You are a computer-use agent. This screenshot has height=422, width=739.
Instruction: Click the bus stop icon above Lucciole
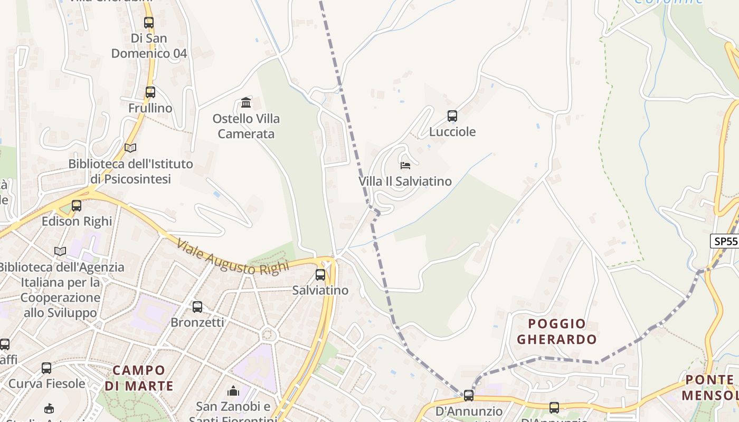click(452, 116)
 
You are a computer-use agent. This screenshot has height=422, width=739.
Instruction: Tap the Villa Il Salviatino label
click(405, 181)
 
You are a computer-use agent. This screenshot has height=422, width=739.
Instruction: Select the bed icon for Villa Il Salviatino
click(405, 166)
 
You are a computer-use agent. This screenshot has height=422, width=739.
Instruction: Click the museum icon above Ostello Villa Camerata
click(246, 102)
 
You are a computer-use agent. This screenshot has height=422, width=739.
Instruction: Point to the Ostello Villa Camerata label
click(246, 126)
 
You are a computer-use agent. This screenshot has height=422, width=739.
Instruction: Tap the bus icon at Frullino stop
click(150, 92)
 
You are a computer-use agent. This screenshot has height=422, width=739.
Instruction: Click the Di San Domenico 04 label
click(149, 46)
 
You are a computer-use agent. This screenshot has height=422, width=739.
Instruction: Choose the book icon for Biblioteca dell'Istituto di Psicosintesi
click(130, 148)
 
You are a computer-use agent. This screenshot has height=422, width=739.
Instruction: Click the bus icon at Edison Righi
click(77, 205)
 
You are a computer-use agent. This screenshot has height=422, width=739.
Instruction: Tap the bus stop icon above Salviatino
click(320, 274)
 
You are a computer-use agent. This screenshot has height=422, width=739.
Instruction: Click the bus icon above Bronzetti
click(197, 306)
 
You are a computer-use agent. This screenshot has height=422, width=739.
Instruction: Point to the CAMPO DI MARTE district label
click(139, 378)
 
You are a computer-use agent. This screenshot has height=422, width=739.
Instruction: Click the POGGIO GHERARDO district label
click(557, 331)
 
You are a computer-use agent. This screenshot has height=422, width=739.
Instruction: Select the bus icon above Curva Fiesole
click(46, 368)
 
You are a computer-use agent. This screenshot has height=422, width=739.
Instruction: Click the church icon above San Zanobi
click(233, 391)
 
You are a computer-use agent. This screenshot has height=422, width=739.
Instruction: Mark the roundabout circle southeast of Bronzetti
click(269, 334)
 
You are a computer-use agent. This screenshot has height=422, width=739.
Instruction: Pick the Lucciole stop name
click(452, 131)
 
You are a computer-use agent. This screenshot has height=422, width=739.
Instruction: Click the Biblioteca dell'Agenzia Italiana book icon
click(61, 251)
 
